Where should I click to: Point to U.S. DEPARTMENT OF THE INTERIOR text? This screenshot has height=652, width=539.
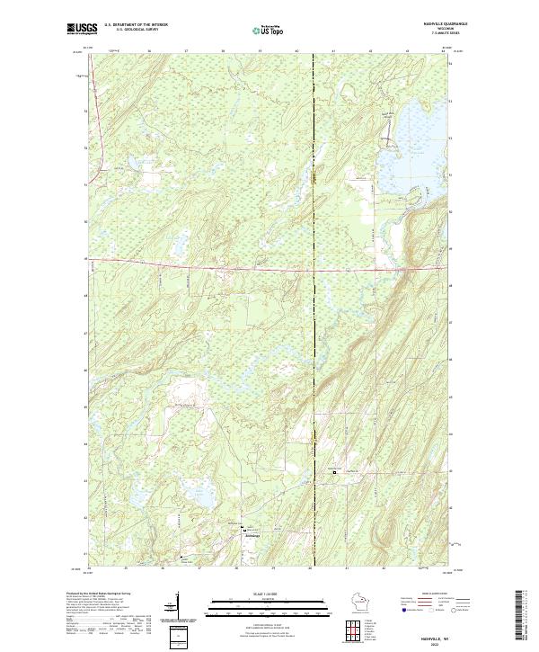[x=136, y=25]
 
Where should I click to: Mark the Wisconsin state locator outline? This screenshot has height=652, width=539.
[x=358, y=602]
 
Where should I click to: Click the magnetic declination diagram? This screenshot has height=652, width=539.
[x=179, y=603]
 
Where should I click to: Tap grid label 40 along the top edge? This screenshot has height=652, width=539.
[x=296, y=52]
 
